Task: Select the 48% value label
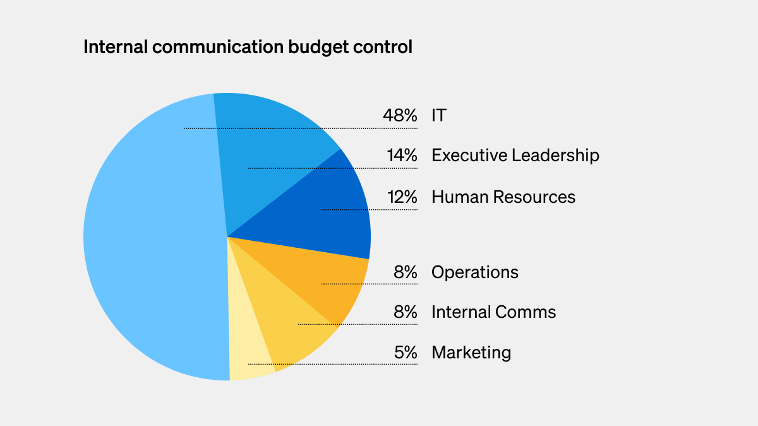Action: click(400, 116)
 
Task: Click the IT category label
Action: click(439, 116)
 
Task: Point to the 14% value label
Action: click(402, 155)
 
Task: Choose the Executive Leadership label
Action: click(515, 155)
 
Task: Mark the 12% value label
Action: click(402, 197)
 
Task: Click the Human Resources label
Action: click(503, 197)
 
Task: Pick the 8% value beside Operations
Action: click(406, 272)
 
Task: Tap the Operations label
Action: click(475, 272)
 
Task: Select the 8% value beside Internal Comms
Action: click(406, 312)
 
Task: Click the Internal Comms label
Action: click(494, 312)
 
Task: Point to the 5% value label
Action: click(406, 352)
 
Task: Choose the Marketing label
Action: click(471, 352)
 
